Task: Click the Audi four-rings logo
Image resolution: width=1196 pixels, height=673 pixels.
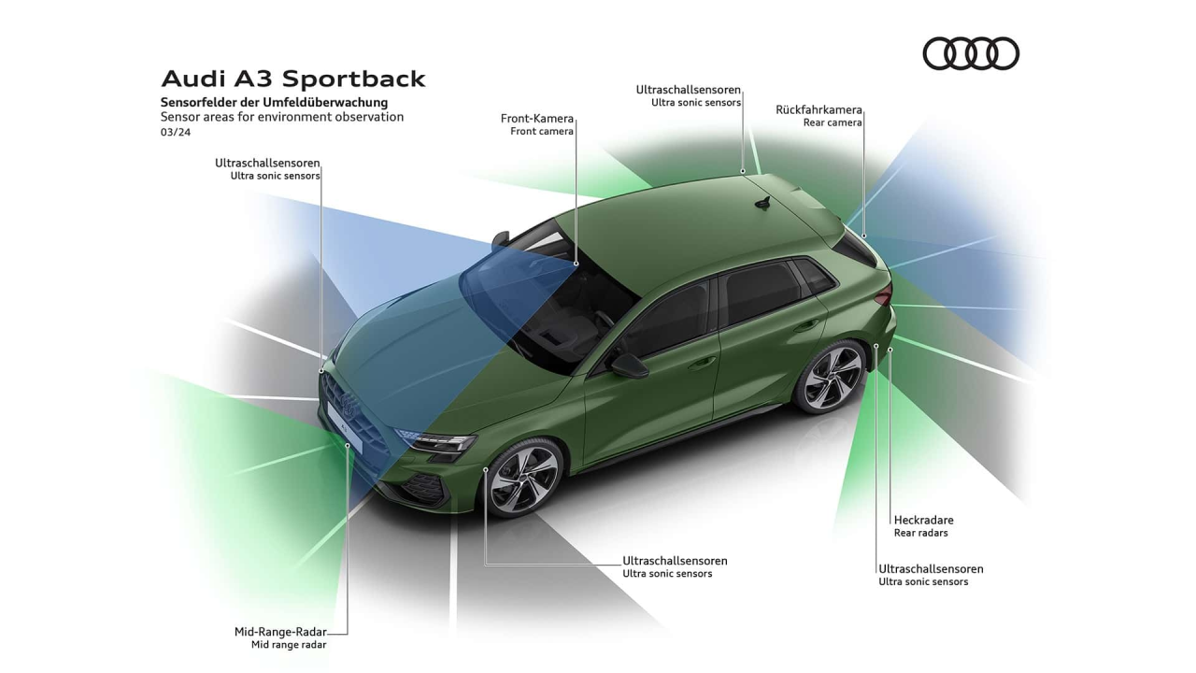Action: [971, 53]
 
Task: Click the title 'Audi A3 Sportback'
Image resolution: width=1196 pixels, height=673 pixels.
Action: [293, 79]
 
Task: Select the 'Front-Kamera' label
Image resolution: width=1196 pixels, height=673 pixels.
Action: [537, 119]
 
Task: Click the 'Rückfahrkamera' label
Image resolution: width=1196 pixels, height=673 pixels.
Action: [819, 109]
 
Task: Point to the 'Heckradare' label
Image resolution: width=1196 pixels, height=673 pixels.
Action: [923, 520]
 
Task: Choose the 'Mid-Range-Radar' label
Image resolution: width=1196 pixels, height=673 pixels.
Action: [279, 632]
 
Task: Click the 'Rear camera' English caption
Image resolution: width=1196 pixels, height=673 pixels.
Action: [833, 122]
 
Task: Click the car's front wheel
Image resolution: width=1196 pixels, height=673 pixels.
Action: [524, 477]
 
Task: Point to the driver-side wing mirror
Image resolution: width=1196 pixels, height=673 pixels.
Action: [628, 365]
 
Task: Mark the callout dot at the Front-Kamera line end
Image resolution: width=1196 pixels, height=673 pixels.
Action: [577, 264]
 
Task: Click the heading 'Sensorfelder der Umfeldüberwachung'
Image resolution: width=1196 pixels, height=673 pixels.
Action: [274, 102]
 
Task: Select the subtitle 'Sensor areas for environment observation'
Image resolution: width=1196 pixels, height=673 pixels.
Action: [281, 117]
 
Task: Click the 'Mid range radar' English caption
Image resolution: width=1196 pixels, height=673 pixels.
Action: [289, 645]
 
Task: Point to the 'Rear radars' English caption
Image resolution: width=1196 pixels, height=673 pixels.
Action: [920, 533]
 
